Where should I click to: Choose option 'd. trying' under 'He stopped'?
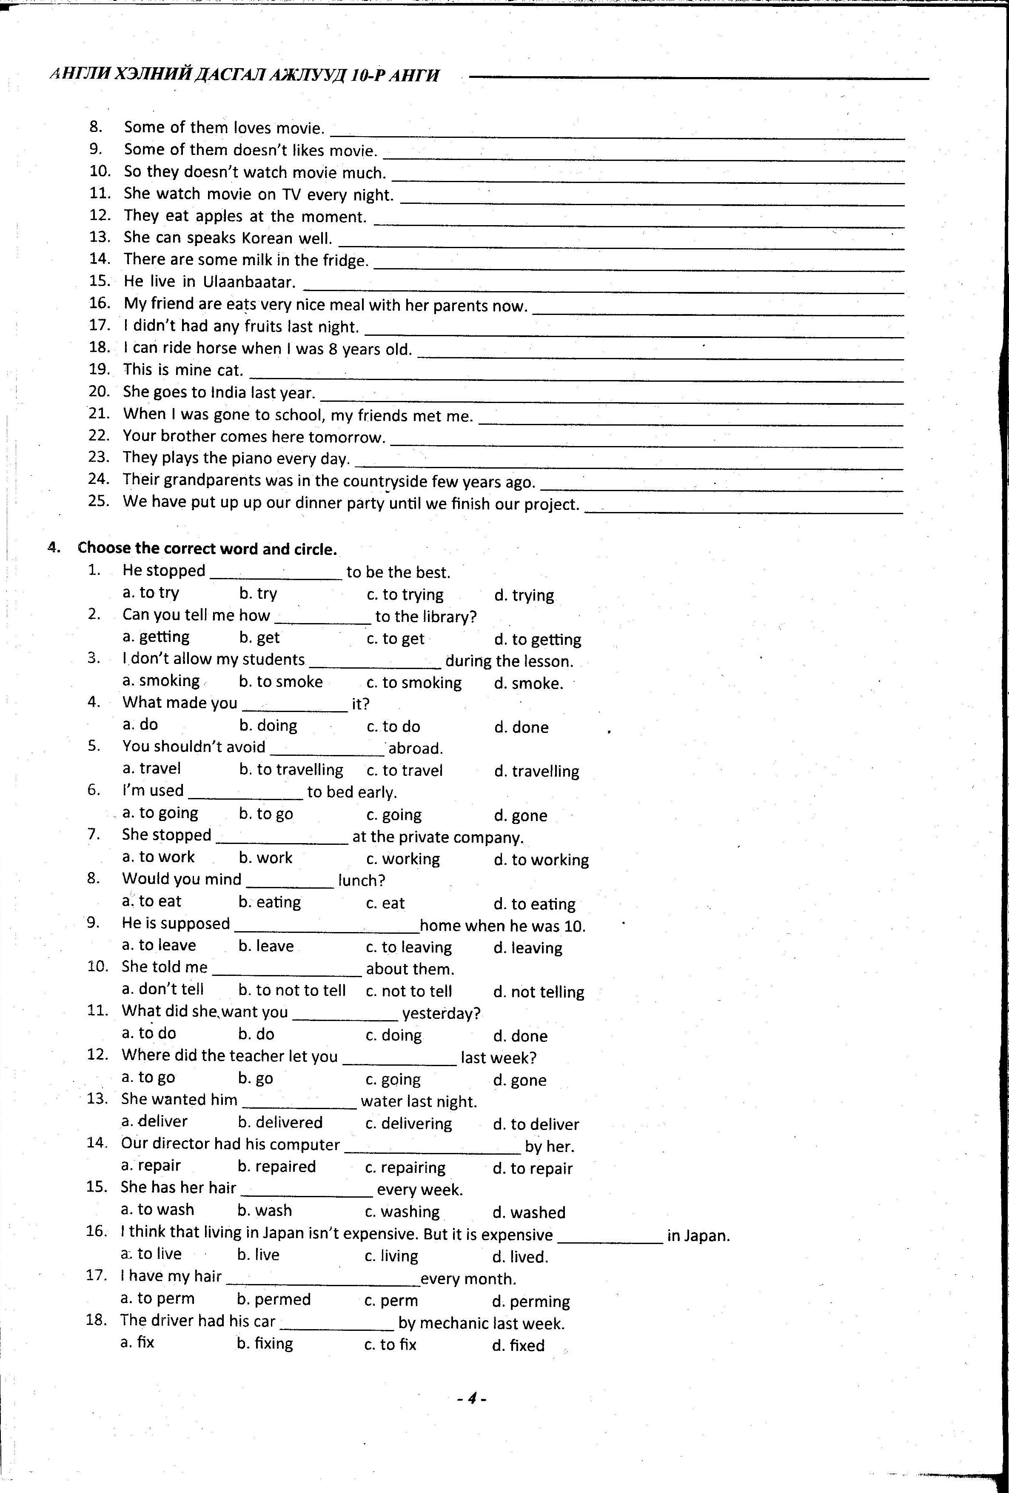[x=524, y=595]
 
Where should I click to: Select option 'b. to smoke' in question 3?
[x=281, y=682]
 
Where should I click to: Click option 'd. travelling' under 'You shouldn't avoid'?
[x=536, y=771]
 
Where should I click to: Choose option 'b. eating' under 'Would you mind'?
[x=269, y=903]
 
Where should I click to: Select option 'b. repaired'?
[x=276, y=1167]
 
